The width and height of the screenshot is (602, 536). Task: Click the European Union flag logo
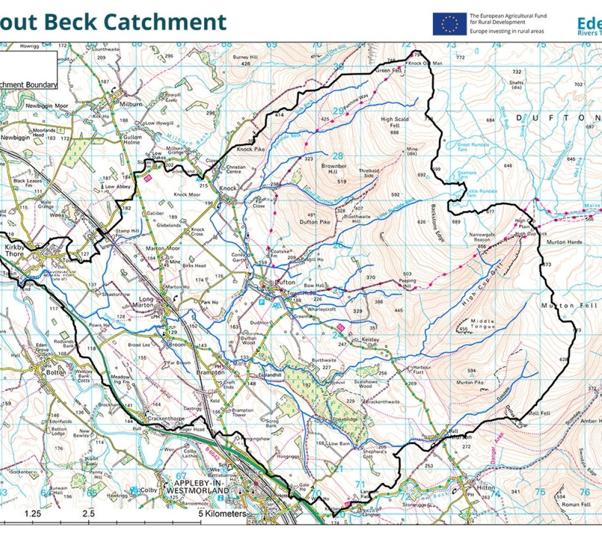[x=450, y=24]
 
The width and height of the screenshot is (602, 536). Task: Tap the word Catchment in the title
[x=164, y=22]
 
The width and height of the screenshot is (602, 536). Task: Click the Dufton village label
[x=285, y=282]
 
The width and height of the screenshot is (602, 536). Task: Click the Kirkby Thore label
[x=15, y=251]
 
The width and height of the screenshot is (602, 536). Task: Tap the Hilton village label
[x=485, y=487]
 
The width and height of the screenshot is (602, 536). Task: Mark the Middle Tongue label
[x=479, y=324]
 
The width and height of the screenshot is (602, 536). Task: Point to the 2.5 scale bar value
[x=89, y=514]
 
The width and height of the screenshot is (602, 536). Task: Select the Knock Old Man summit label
[x=425, y=64]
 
